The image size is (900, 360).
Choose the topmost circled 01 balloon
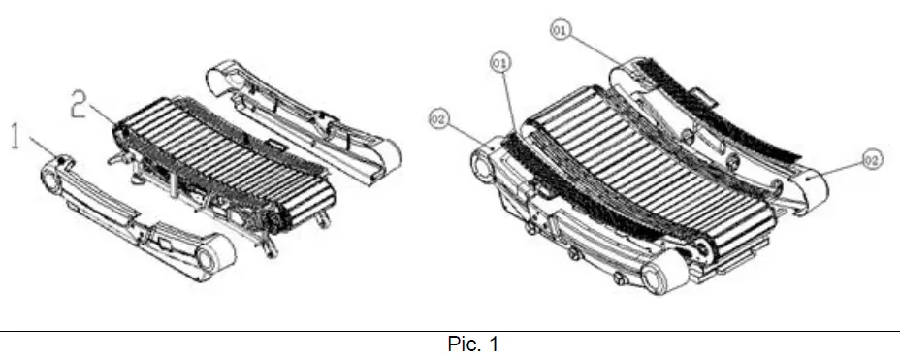point(561,31)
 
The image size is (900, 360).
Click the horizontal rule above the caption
point(449,331)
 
